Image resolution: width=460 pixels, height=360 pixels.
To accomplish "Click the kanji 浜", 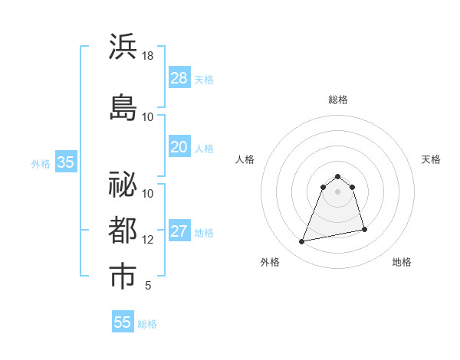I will click(x=123, y=47).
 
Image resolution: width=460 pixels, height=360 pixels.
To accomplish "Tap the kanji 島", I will click(x=123, y=106).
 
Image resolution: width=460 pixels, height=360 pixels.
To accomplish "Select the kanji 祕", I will click(x=123, y=185).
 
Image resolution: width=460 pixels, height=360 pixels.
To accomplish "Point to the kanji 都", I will click(x=123, y=231).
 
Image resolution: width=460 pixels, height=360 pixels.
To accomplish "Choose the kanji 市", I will click(x=123, y=277).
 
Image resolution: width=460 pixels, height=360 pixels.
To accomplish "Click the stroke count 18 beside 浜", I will click(x=148, y=57).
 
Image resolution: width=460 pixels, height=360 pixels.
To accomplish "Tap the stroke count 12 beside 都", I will click(x=148, y=241).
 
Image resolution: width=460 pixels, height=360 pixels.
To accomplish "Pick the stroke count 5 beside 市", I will click(x=148, y=286).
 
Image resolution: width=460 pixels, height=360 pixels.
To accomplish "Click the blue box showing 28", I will click(x=179, y=78).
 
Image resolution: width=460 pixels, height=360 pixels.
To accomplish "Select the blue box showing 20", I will click(x=179, y=147).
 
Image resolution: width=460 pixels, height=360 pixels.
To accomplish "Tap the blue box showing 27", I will click(x=179, y=231).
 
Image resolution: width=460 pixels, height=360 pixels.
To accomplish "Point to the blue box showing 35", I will click(x=65, y=162).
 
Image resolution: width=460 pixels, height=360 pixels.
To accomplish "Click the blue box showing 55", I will click(x=123, y=322).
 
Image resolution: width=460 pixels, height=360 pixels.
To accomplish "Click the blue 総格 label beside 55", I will click(x=147, y=324).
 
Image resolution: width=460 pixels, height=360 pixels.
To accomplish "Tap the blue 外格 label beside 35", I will click(x=41, y=163).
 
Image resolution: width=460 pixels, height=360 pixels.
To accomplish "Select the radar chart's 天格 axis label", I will click(x=431, y=160).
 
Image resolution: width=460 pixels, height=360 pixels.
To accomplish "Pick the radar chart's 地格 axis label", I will click(x=402, y=263).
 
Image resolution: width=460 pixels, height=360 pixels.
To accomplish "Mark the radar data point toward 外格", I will click(x=302, y=242).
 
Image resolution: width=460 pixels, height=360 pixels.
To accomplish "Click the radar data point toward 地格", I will click(x=364, y=230).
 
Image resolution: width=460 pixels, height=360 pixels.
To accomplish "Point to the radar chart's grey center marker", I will click(x=337, y=191).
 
